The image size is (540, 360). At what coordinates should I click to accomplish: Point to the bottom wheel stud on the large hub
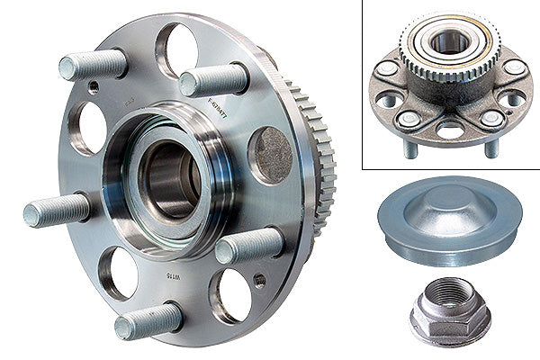[x=148, y=319]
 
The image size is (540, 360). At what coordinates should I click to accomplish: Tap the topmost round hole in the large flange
[x=177, y=49]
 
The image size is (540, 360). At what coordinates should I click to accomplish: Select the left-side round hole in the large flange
[x=91, y=127]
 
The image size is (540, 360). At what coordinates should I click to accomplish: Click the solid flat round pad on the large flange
[x=269, y=154]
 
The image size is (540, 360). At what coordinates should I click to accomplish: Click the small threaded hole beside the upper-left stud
[x=94, y=87]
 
